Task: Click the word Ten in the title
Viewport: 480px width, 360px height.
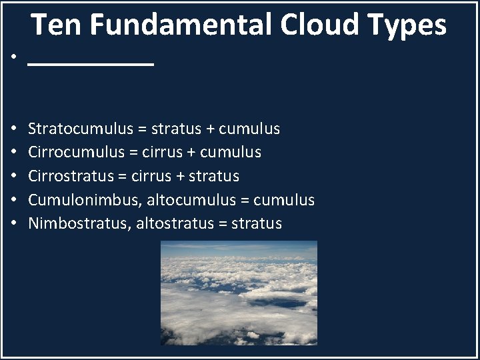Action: pos(57,25)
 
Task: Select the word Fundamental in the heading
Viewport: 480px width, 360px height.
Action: pos(181,25)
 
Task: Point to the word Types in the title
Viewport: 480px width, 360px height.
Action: pos(407,25)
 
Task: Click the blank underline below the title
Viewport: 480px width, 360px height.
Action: pos(91,64)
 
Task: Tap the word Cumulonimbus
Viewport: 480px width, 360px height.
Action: pos(83,200)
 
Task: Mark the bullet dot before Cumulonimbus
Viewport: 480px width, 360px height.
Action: pos(14,200)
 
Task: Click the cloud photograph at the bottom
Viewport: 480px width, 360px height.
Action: pos(239,293)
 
